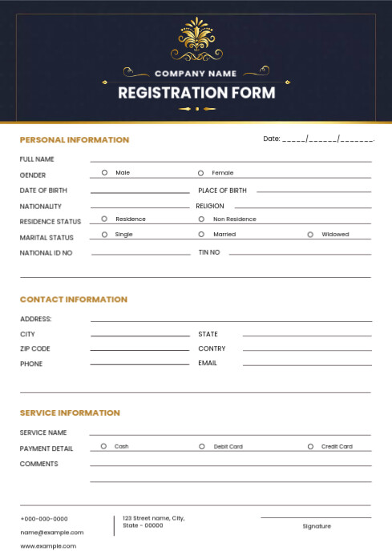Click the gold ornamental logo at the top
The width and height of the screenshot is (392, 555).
(x=196, y=40)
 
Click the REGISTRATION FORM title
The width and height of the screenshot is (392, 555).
(x=196, y=92)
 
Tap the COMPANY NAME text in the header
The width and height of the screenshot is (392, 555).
(x=196, y=73)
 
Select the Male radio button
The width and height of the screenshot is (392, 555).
(x=104, y=172)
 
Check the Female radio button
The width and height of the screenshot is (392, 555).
(x=200, y=172)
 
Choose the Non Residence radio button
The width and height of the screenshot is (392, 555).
(x=201, y=219)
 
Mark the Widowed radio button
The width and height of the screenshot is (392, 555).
(x=310, y=235)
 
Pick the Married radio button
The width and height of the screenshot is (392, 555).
(x=201, y=235)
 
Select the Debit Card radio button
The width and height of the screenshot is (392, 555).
(x=201, y=446)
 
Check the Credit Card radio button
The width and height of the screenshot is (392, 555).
(x=310, y=446)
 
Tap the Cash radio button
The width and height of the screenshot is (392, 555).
(x=103, y=446)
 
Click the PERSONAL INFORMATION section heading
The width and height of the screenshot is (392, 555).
(x=74, y=139)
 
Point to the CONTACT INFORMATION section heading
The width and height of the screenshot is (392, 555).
(x=73, y=300)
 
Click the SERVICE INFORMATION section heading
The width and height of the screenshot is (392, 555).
(x=70, y=412)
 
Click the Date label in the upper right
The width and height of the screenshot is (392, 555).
(x=272, y=139)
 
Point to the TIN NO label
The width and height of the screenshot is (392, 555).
(x=208, y=252)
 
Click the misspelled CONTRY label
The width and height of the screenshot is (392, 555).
(x=212, y=349)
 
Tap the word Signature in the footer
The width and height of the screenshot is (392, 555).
(x=317, y=526)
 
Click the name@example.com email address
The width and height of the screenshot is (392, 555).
(x=51, y=532)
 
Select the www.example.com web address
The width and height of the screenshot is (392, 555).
(x=48, y=545)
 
